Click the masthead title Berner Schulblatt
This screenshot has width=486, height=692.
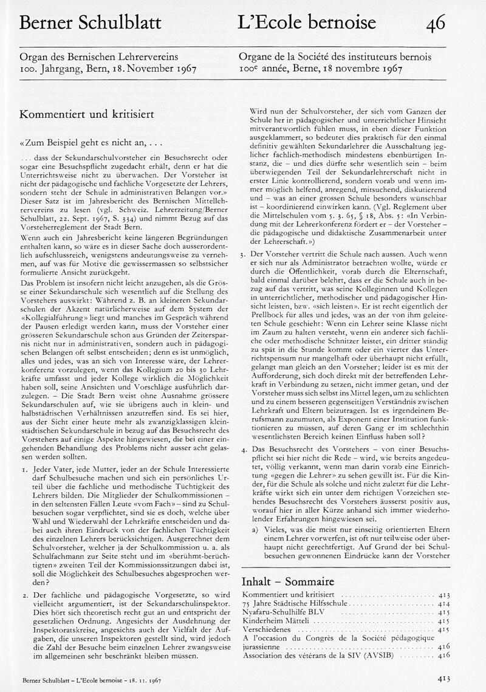91,24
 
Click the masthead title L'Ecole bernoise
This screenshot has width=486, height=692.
307,24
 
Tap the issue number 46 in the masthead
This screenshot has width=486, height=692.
436,24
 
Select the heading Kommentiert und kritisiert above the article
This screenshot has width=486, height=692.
87,114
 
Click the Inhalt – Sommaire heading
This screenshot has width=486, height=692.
288,581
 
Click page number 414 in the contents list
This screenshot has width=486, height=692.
443,603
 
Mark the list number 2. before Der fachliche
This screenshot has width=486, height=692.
23,594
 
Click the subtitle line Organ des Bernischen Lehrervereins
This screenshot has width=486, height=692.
99,57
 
